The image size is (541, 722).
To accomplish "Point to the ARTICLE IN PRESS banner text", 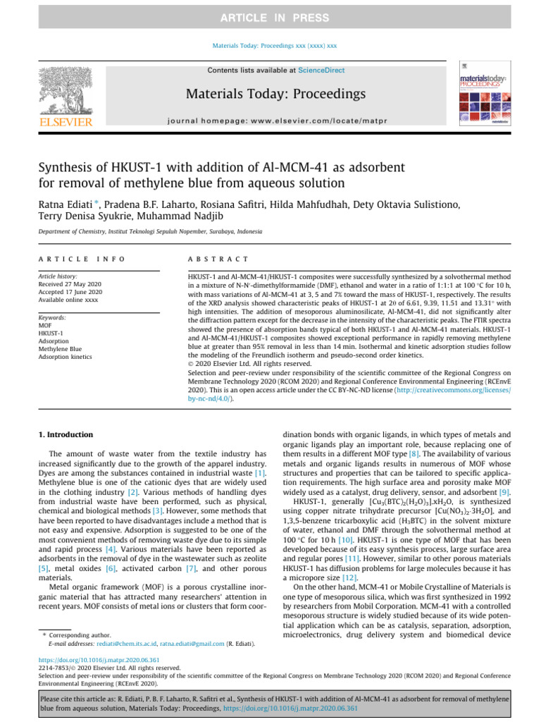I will point(270,17).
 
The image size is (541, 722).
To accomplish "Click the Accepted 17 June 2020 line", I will point(70,293).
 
